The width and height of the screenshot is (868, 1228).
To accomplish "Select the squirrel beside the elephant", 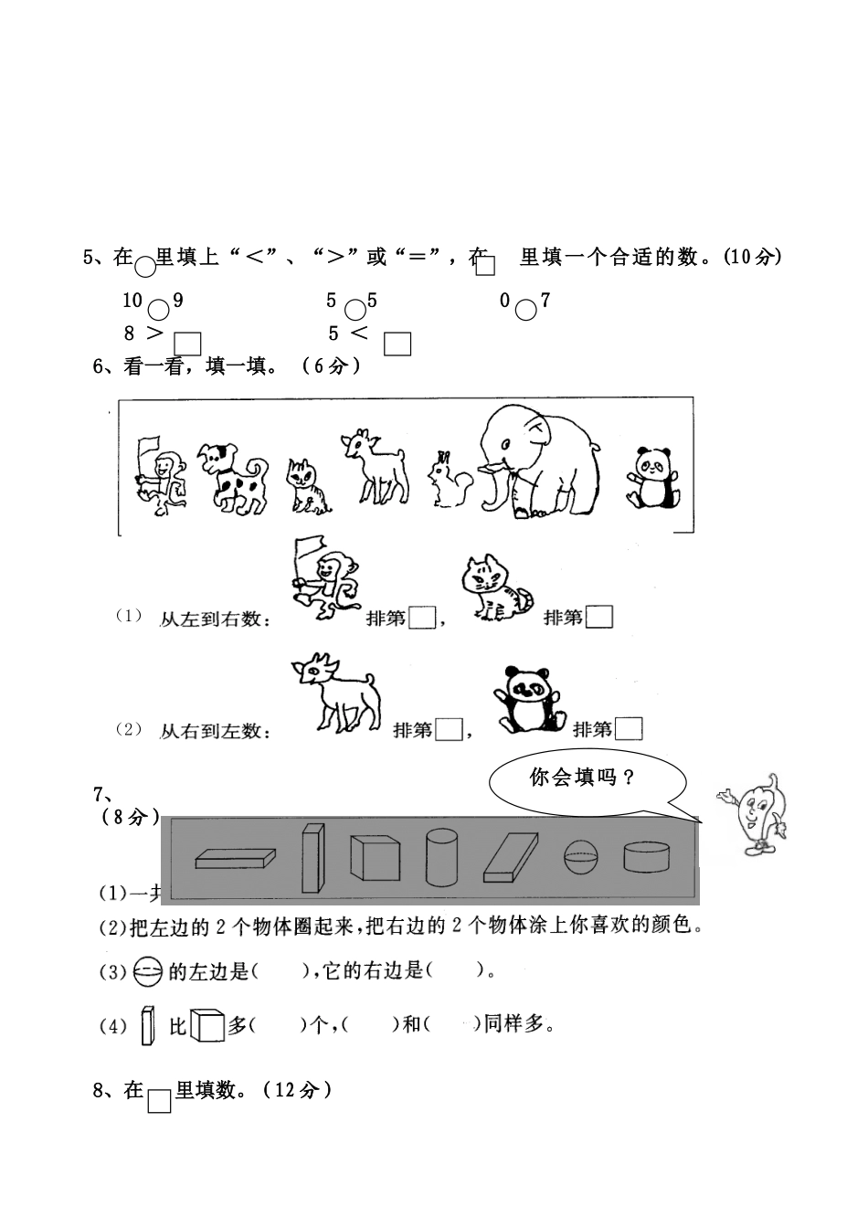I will pos(448,480).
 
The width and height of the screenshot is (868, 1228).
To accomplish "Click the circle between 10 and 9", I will pos(159,310).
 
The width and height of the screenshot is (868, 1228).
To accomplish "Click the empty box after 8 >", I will pos(187,344).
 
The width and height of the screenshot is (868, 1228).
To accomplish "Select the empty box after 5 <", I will pos(397,344).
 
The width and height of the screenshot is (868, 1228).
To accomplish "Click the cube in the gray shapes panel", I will pos(375,857).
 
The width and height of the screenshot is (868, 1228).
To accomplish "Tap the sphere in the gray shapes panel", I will pos(582,857).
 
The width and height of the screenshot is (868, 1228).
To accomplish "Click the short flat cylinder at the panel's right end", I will pos(647,856).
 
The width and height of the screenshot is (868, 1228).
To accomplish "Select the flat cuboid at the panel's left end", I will pos(235,859).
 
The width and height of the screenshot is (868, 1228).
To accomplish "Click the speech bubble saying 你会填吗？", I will pos(588,778).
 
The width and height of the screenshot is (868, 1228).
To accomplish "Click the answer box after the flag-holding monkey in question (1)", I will pos(422,618).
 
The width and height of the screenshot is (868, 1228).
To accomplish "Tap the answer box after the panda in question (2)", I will pos(629,728).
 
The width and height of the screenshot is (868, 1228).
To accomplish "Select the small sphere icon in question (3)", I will pos(147,971).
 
